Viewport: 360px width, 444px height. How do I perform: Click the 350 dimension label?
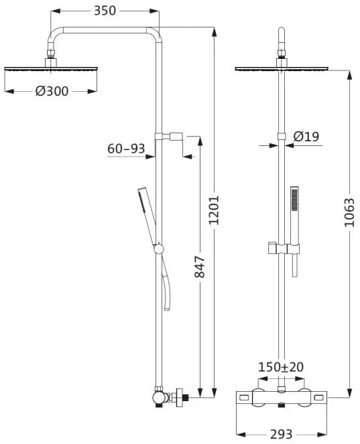pyautogui.click(x=105, y=11)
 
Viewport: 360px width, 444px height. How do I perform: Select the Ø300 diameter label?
pyautogui.click(x=52, y=91)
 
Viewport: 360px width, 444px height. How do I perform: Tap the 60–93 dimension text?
pyautogui.click(x=126, y=149)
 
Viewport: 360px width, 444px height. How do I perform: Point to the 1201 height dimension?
pyautogui.click(x=215, y=210)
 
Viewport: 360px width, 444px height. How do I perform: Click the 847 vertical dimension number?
pyautogui.click(x=200, y=267)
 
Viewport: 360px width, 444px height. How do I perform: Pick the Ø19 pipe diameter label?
pyautogui.click(x=306, y=137)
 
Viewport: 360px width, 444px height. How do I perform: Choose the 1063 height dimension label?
pyautogui.click(x=349, y=212)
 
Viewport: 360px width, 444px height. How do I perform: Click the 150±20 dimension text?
pyautogui.click(x=281, y=367)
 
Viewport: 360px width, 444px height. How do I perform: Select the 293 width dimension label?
pyautogui.click(x=281, y=434)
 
